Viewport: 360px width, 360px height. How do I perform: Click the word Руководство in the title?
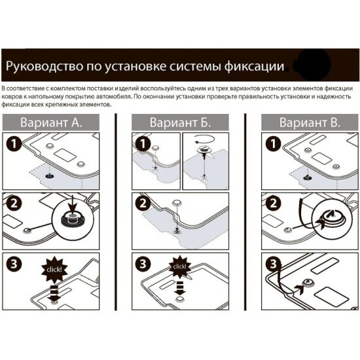click(45, 66)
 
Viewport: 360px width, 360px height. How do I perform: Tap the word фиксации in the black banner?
click(255, 67)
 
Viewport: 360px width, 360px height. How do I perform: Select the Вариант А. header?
click(51, 122)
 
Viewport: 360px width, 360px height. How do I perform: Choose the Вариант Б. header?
click(180, 122)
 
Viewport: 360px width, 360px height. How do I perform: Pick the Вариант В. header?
click(310, 122)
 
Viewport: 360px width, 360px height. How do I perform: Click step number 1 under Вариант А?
click(14, 144)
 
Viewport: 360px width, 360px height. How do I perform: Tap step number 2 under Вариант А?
click(14, 204)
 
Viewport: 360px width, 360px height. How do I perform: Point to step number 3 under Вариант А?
click(14, 264)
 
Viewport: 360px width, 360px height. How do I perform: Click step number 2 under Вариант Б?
click(143, 204)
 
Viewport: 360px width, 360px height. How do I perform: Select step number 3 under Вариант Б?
click(143, 264)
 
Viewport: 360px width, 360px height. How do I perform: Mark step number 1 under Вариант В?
click(273, 144)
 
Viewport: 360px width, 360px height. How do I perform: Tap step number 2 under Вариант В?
click(273, 204)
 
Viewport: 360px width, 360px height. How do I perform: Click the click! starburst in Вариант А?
click(54, 269)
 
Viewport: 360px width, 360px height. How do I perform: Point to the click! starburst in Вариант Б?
click(180, 267)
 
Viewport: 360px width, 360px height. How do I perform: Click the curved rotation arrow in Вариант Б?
click(204, 139)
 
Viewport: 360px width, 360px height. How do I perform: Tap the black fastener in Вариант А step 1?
click(49, 176)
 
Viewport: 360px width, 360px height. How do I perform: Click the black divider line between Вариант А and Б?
click(116, 212)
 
